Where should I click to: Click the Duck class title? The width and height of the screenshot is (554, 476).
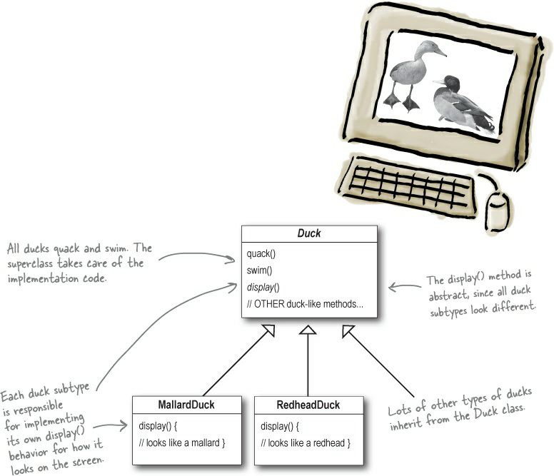308,233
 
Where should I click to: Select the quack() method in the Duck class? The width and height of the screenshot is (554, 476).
261,254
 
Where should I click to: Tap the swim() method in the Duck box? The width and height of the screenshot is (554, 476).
260,271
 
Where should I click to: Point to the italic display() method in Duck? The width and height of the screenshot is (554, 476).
263,288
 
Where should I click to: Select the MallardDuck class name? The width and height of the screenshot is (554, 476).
185,405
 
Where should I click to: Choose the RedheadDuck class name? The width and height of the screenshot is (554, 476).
308,405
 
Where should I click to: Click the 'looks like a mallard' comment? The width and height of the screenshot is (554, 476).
183,444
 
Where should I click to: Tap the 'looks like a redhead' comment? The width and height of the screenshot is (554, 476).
306,444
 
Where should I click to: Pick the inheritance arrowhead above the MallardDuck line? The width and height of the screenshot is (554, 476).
268,330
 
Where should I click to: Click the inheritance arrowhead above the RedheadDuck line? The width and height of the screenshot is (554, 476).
308,330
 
